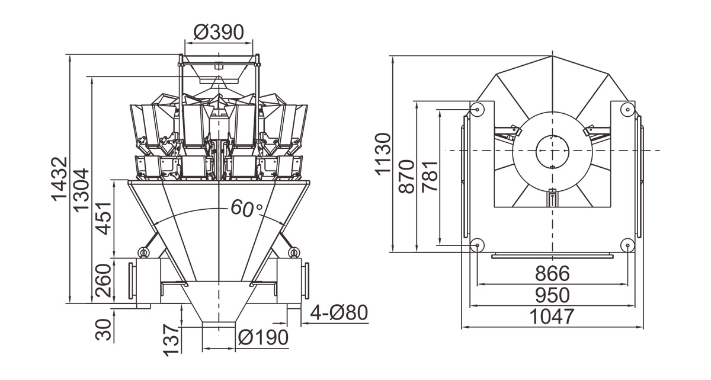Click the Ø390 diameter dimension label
tap(219, 32)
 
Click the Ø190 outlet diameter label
tap(263, 338)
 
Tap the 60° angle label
tap(246, 207)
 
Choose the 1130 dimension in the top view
tap(383, 154)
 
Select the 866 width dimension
tap(552, 274)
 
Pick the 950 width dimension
tap(552, 295)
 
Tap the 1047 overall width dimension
tap(552, 317)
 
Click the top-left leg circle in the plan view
tap(477, 110)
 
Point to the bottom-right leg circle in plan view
tap(627, 244)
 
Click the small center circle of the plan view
tap(552, 150)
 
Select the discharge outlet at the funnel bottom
tap(219, 325)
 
